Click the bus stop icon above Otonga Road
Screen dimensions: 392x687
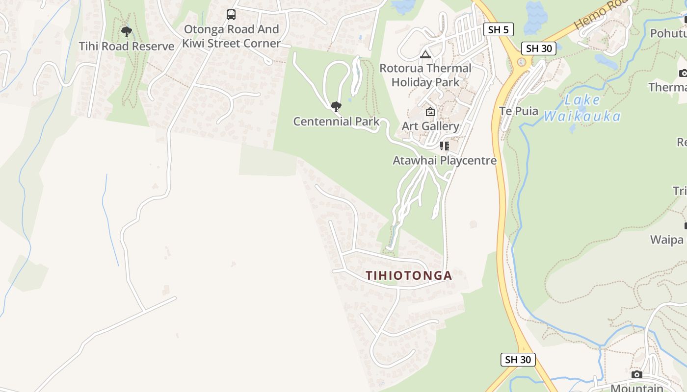(231, 15)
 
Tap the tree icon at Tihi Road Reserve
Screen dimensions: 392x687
(127, 32)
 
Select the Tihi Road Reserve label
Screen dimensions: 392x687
(127, 46)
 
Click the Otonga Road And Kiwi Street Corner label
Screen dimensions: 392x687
(231, 36)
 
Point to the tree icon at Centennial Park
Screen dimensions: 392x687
(336, 106)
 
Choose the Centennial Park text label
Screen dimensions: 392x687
(336, 121)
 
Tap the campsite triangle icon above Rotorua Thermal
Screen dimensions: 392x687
(425, 54)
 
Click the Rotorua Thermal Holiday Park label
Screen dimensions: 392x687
(425, 75)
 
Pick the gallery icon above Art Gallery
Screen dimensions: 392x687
(430, 112)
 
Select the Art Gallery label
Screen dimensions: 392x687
(430, 126)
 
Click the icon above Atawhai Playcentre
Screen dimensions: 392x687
(445, 146)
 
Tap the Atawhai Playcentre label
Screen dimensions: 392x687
(445, 160)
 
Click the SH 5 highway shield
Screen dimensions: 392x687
(499, 29)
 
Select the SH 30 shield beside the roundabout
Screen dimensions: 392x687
(539, 48)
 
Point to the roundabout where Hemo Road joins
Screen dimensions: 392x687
(522, 62)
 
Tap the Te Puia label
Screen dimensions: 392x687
(519, 111)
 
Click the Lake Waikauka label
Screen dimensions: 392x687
(582, 108)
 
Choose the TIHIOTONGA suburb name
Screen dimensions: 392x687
(409, 275)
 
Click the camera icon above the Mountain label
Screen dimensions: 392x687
(637, 375)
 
